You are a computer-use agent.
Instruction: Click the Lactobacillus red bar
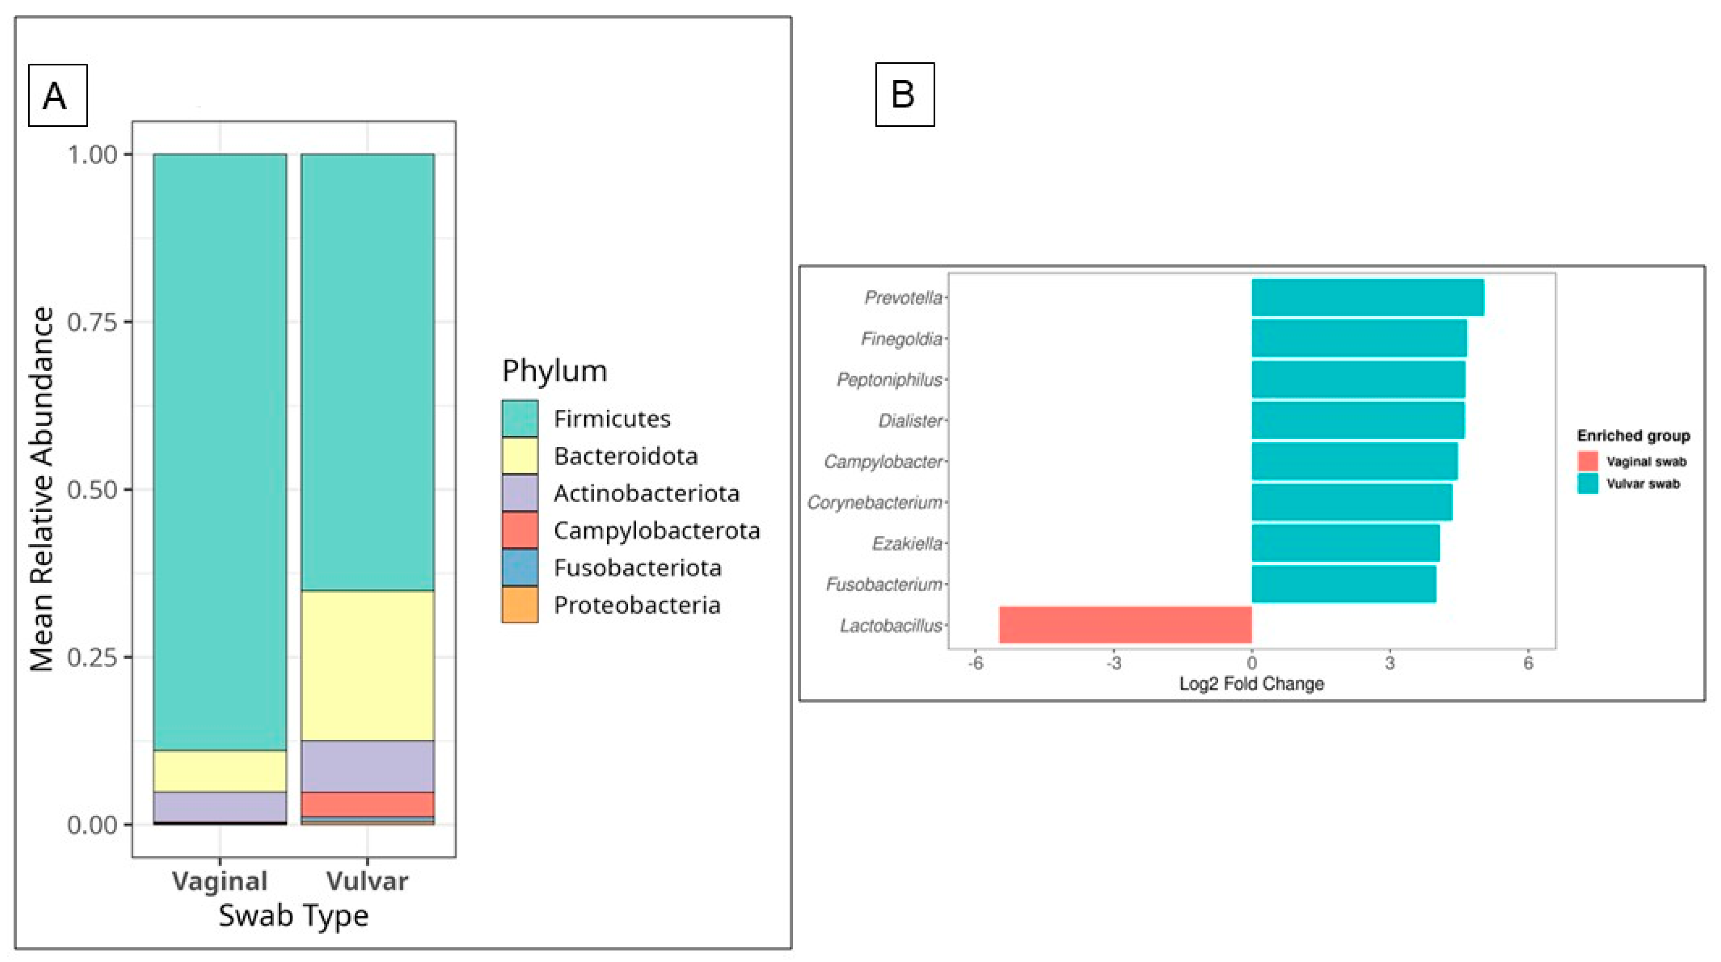(1125, 624)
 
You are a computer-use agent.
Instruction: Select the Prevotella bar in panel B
(1368, 297)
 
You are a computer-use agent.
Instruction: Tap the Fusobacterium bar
(1343, 584)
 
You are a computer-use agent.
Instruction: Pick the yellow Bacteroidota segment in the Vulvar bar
(367, 665)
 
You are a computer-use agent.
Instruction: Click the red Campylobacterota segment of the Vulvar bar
(367, 803)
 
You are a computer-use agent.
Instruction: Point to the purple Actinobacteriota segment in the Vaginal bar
(220, 806)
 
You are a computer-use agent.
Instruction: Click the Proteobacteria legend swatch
(520, 605)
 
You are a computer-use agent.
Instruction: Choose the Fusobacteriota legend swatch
(520, 568)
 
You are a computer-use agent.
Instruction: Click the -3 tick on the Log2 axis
(1114, 663)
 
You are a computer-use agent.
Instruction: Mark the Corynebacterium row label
(875, 502)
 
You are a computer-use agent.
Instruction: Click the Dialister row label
(910, 420)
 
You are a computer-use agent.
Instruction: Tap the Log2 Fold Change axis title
(1251, 683)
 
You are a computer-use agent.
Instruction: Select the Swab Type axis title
(293, 915)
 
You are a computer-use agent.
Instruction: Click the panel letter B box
(904, 94)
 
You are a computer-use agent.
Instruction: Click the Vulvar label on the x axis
(367, 880)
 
